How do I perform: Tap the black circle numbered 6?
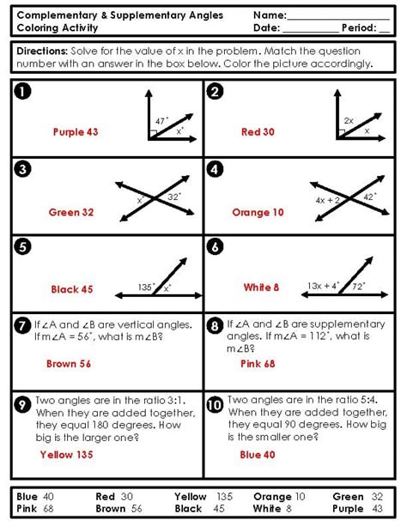(x=216, y=247)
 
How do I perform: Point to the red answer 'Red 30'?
(x=258, y=132)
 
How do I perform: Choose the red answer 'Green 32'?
(x=71, y=212)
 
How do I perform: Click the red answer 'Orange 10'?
(x=258, y=212)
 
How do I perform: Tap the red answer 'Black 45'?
(x=72, y=289)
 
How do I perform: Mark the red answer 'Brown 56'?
(x=69, y=364)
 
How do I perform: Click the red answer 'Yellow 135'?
(x=68, y=455)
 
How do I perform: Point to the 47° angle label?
(x=162, y=122)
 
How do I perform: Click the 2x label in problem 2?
(x=348, y=121)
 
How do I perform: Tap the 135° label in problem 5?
(x=148, y=287)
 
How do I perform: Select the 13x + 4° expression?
(x=323, y=285)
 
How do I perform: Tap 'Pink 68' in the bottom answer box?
(x=35, y=509)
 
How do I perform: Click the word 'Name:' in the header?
(x=270, y=15)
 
